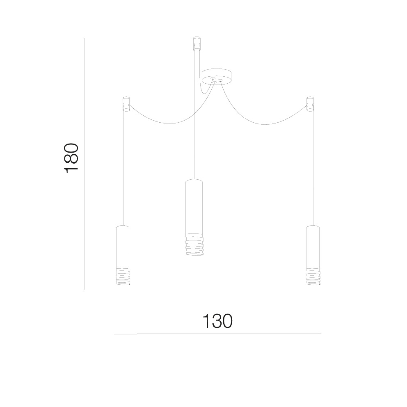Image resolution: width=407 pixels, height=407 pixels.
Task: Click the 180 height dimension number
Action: point(71,158)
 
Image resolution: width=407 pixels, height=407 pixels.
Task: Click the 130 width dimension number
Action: point(217,321)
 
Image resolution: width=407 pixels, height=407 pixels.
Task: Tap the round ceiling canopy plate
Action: point(217,77)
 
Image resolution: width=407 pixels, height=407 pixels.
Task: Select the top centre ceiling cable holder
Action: point(197,43)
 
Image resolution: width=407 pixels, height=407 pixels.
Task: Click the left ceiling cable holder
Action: point(126,104)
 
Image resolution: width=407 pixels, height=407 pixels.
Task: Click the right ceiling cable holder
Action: point(310,104)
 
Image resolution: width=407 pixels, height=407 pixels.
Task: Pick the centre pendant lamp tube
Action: point(194,207)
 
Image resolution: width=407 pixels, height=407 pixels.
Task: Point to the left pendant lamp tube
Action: point(123,246)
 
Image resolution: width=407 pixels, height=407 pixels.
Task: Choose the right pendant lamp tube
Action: point(313,246)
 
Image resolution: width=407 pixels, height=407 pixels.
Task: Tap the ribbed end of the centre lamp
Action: point(194,245)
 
